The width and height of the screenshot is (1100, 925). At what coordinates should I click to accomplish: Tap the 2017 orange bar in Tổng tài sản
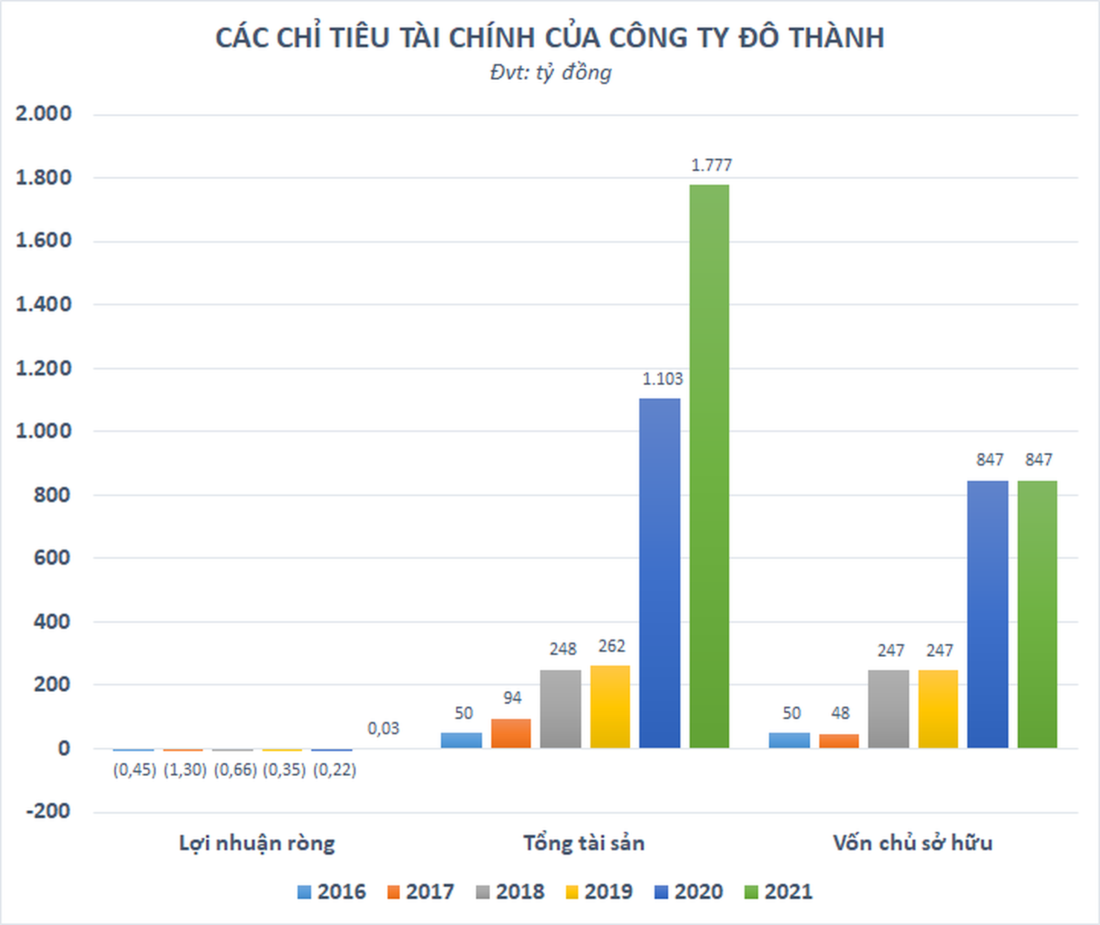pyautogui.click(x=511, y=733)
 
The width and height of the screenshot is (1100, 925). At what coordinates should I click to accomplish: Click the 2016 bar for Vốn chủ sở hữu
pyautogui.click(x=789, y=740)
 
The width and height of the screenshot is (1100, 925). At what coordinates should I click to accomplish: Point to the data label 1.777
pyautogui.click(x=711, y=165)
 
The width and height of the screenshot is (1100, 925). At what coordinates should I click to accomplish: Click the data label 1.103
pyautogui.click(x=662, y=379)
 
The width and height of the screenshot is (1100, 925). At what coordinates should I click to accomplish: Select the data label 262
pyautogui.click(x=611, y=646)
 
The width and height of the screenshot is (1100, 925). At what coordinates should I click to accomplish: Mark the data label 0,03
pyautogui.click(x=383, y=728)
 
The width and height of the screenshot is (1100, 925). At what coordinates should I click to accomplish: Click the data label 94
pyautogui.click(x=512, y=698)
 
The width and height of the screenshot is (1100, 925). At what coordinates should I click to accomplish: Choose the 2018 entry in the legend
pyautogui.click(x=510, y=892)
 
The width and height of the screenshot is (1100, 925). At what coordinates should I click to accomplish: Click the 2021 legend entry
pyautogui.click(x=778, y=892)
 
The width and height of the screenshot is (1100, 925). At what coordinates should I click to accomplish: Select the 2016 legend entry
pyautogui.click(x=331, y=892)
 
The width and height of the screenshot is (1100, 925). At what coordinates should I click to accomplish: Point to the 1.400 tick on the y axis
pyautogui.click(x=43, y=304)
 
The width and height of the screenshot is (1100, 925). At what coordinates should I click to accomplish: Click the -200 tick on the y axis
pyautogui.click(x=48, y=811)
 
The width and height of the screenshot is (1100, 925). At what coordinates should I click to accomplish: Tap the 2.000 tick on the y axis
pyautogui.click(x=43, y=113)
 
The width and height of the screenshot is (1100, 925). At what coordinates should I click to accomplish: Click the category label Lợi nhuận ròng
pyautogui.click(x=256, y=843)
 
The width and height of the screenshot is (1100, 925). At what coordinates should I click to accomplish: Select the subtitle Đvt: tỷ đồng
pyautogui.click(x=550, y=73)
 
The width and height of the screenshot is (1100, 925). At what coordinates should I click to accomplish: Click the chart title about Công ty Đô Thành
pyautogui.click(x=550, y=38)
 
